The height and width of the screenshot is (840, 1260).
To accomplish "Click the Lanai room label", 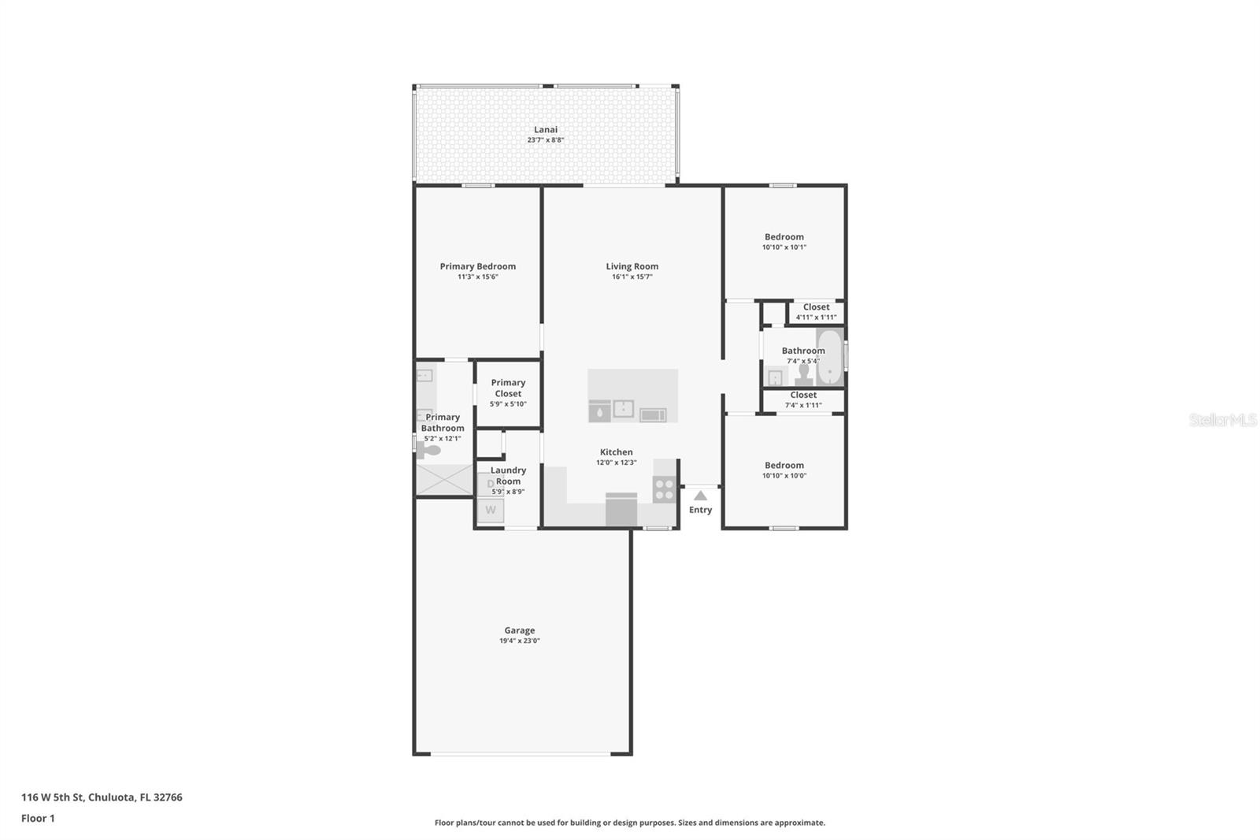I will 545,130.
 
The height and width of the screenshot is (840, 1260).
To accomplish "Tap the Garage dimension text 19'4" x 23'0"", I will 519,641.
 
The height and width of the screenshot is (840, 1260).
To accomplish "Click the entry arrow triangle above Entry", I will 700,496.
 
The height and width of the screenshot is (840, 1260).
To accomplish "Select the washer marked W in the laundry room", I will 491,510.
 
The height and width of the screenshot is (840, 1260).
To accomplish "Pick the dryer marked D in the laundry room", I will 491,484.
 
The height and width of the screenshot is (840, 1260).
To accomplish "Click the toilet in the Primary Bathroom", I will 429,451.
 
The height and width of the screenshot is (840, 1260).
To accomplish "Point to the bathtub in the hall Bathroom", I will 829,357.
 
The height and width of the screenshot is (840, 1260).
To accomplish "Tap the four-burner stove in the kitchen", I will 664,489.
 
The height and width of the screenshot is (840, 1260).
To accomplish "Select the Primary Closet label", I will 508,388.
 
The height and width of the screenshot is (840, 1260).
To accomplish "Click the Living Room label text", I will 632,266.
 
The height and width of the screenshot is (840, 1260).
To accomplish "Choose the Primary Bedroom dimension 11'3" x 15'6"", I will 477,277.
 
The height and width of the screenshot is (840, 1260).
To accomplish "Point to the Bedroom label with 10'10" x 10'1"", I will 784,236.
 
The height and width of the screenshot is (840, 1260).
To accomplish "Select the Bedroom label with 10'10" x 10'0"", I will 784,465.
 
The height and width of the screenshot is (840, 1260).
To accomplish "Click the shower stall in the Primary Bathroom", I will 443,480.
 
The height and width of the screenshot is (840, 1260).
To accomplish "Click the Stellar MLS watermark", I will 1221,420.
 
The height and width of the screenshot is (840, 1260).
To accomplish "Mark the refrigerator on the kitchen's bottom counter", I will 621,509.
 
